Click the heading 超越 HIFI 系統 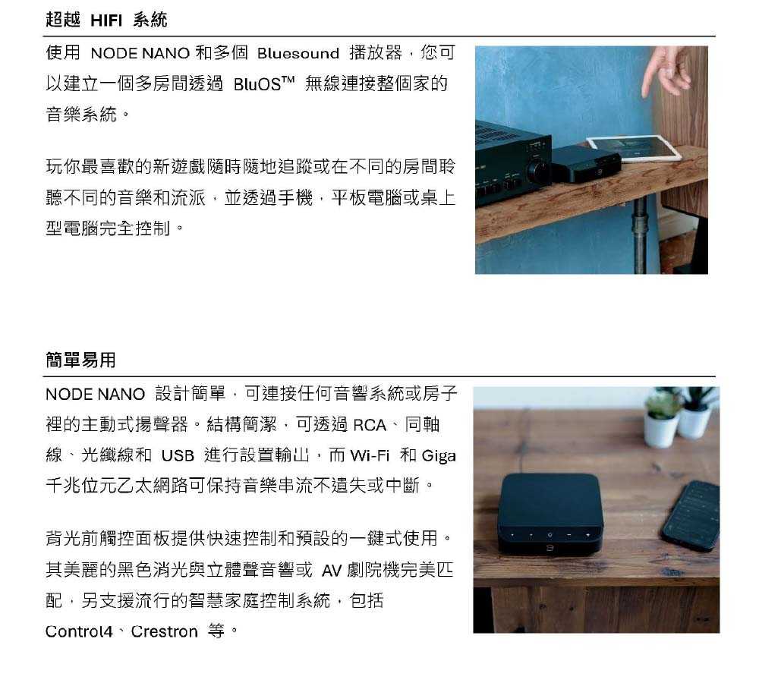(106, 20)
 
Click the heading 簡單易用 (81, 360)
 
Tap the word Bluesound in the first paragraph (298, 53)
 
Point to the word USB (178, 455)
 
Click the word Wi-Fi (370, 455)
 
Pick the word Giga (439, 456)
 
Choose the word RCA (370, 425)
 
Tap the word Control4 (79, 631)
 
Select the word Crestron (165, 631)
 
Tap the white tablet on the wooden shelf (634, 148)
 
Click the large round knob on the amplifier (537, 171)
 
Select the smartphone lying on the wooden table (691, 515)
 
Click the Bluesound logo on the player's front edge (550, 549)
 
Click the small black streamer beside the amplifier (585, 164)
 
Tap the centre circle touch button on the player (550, 535)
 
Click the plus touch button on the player (587, 535)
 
